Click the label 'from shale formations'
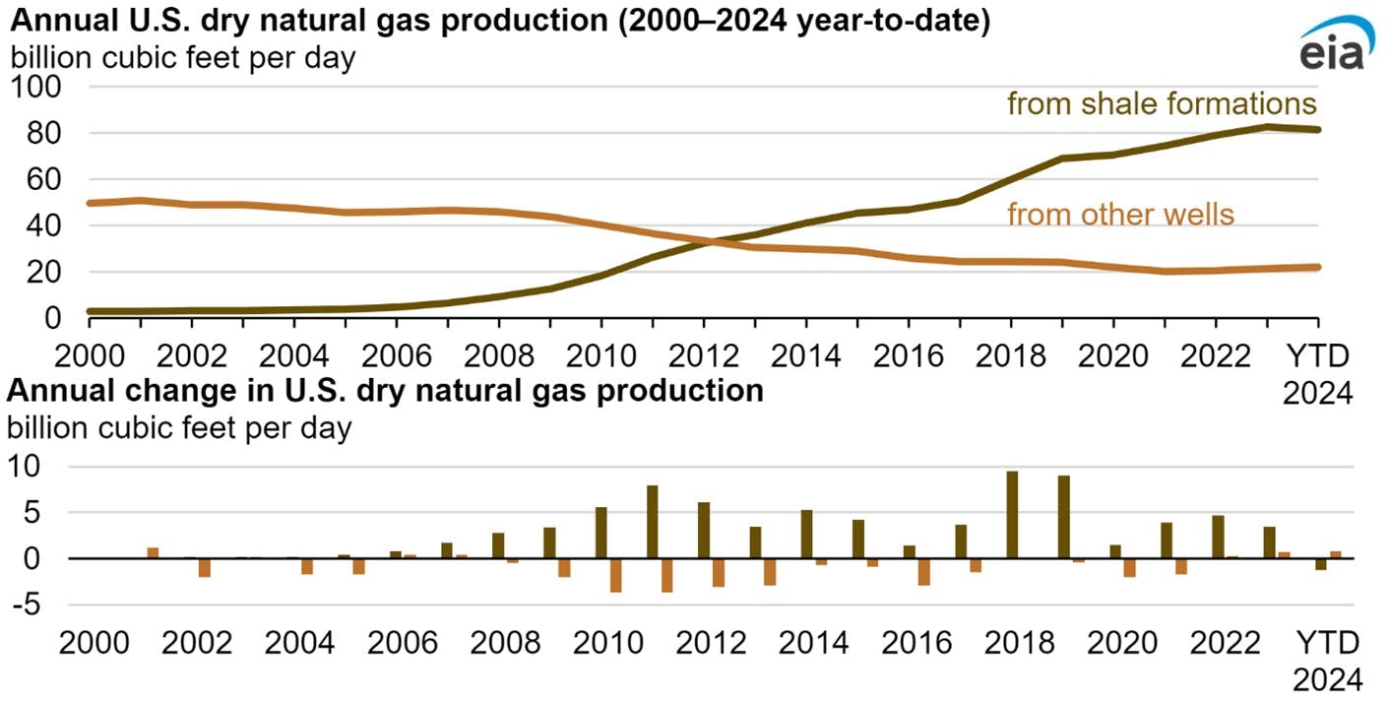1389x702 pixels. click(1161, 104)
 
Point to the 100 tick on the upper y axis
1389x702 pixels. click(36, 88)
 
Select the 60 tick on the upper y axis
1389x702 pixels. click(36, 180)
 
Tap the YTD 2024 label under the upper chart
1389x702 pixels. click(1319, 372)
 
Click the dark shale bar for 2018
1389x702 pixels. click(1012, 515)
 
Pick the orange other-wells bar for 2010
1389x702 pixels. click(616, 575)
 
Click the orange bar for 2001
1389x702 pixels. click(153, 553)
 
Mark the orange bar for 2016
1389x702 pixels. click(924, 572)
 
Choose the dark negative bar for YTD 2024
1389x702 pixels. click(1321, 564)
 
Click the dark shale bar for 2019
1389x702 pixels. click(1063, 517)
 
